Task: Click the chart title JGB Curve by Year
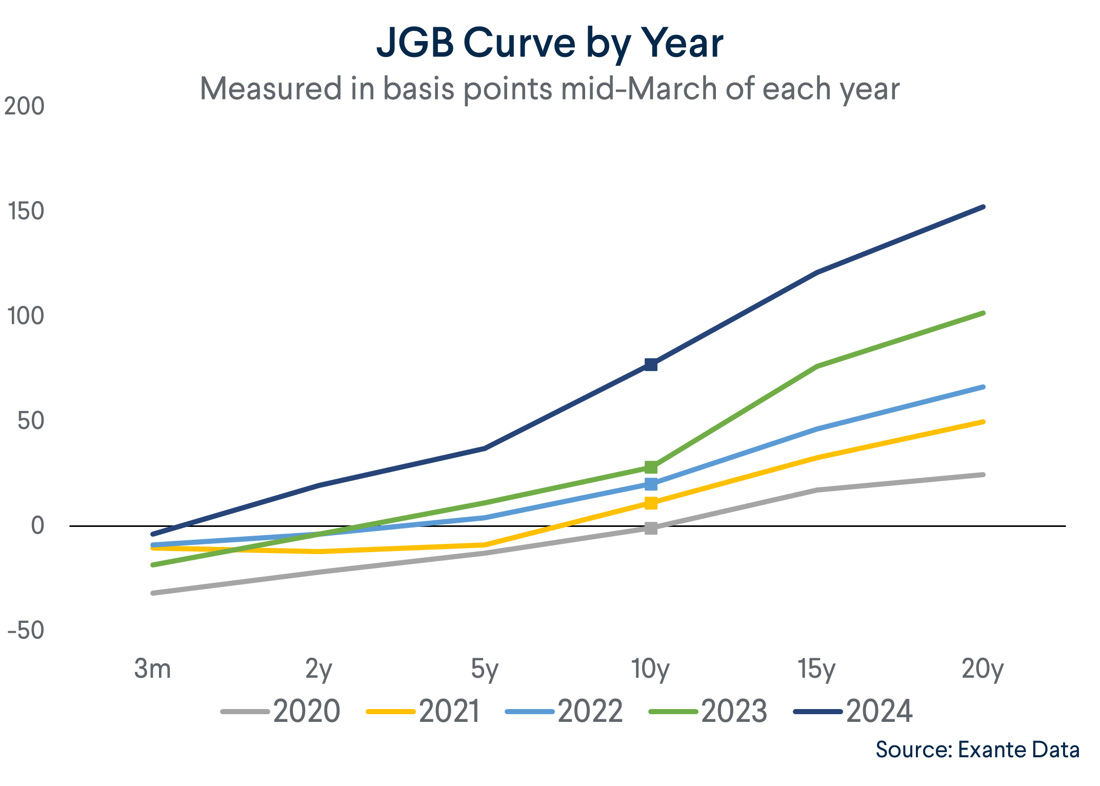coord(549,43)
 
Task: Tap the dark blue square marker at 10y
coord(651,365)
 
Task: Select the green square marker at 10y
coord(651,467)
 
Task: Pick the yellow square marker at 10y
coord(651,503)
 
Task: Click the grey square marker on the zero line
coord(651,528)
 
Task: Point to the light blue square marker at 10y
coord(651,484)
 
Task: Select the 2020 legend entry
coord(281,711)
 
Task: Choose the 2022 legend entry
coord(564,711)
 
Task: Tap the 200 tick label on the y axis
coord(25,107)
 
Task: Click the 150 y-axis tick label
coord(26,211)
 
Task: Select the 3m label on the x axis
coord(152,669)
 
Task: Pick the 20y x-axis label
coord(982,669)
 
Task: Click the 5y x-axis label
coord(484,669)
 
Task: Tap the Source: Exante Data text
coord(977,750)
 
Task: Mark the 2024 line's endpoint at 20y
coord(983,207)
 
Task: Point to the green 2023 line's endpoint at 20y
coord(983,313)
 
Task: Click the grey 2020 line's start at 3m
coord(153,593)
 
